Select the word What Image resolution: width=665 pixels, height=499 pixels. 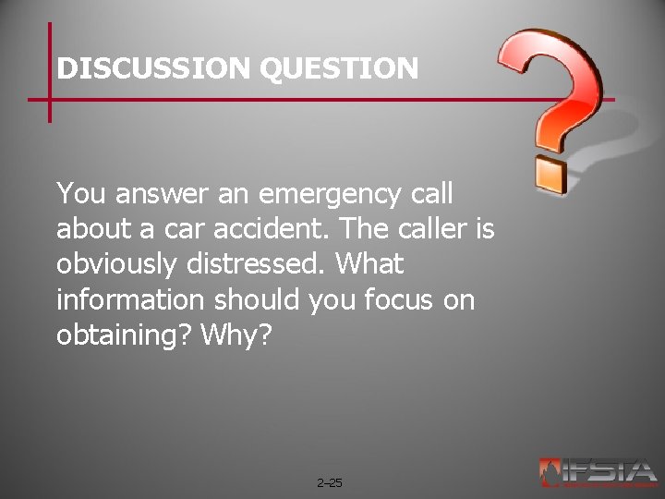(x=369, y=265)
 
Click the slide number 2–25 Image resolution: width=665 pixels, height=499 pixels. (x=329, y=482)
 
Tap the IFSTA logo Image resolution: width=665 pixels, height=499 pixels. (x=598, y=472)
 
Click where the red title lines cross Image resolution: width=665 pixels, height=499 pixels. (x=50, y=99)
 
